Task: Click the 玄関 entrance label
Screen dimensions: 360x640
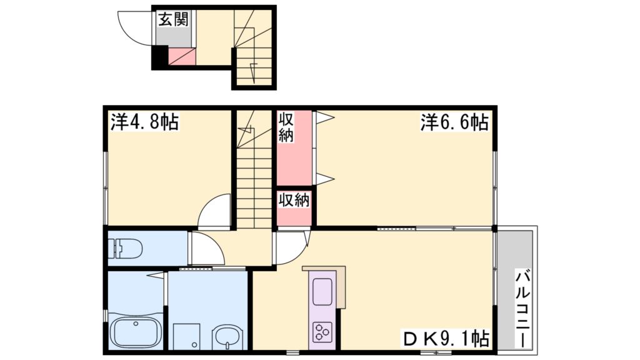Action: click(173, 19)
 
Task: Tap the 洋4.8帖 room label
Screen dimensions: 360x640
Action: click(144, 122)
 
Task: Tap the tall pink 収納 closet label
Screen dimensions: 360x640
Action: click(286, 127)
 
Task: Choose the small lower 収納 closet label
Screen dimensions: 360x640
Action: click(294, 201)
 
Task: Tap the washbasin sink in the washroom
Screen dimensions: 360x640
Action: click(227, 338)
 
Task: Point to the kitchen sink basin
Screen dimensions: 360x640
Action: click(323, 292)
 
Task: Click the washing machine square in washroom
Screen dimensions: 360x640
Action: click(186, 337)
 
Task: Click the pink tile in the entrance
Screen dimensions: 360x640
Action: click(183, 57)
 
